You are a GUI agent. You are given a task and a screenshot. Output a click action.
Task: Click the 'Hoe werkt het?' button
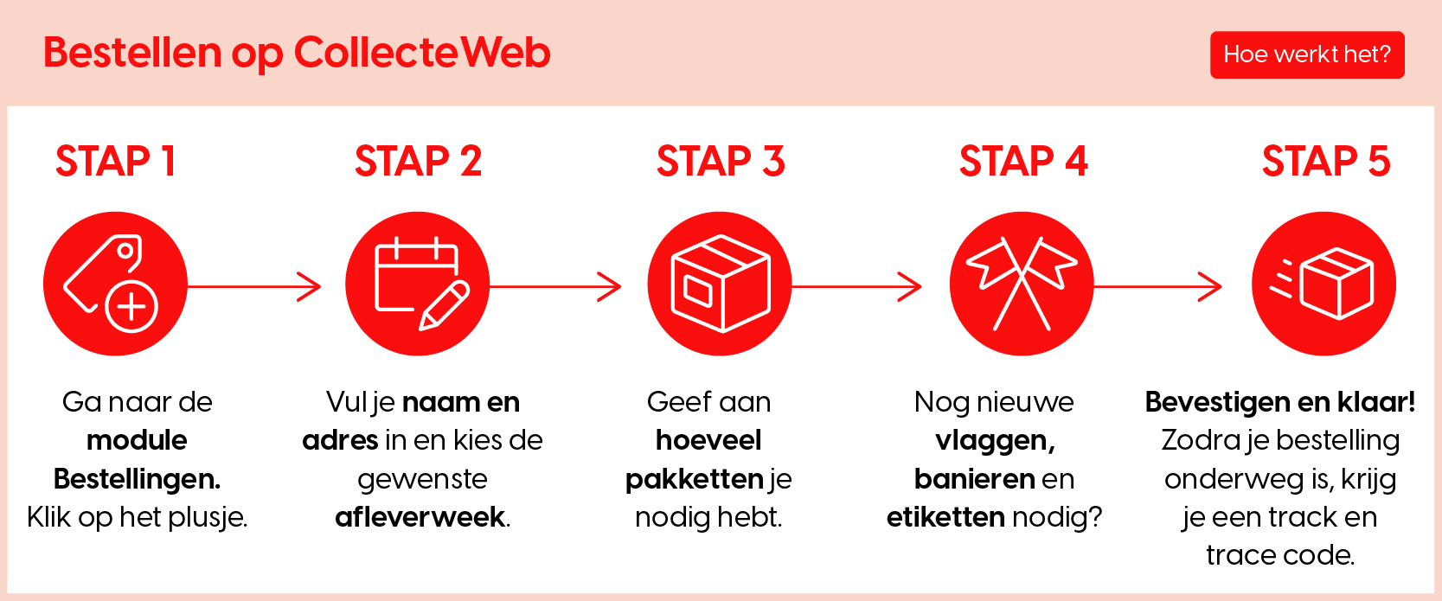[1307, 54]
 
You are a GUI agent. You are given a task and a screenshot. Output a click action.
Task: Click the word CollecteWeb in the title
[422, 52]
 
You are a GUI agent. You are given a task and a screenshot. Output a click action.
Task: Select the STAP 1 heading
[116, 161]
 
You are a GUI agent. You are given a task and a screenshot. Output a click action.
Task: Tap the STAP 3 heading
[721, 161]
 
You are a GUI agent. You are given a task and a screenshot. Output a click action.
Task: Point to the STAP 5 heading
[1326, 161]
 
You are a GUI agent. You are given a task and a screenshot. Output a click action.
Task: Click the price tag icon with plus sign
[115, 284]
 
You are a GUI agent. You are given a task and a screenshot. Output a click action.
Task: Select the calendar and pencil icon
[417, 284]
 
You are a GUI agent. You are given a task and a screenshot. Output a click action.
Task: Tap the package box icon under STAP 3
[720, 284]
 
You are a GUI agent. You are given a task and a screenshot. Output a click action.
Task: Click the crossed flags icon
[1022, 284]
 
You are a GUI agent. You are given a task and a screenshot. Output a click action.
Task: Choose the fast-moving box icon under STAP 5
[1323, 284]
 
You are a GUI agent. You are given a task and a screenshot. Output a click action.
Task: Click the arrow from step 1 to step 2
[254, 286]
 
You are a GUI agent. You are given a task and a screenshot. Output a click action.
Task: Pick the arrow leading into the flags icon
[857, 286]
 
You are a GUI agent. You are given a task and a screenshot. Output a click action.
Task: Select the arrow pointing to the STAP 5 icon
[1158, 286]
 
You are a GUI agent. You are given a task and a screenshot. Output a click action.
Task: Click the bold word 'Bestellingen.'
[138, 479]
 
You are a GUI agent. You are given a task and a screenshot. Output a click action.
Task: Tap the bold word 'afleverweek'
[420, 517]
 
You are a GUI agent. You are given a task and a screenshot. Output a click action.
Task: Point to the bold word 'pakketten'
[694, 479]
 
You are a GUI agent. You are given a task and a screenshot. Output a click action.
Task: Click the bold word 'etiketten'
[945, 517]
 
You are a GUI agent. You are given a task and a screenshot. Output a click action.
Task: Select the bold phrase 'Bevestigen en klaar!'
[1279, 403]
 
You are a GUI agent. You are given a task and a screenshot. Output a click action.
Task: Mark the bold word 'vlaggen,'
[996, 441]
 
